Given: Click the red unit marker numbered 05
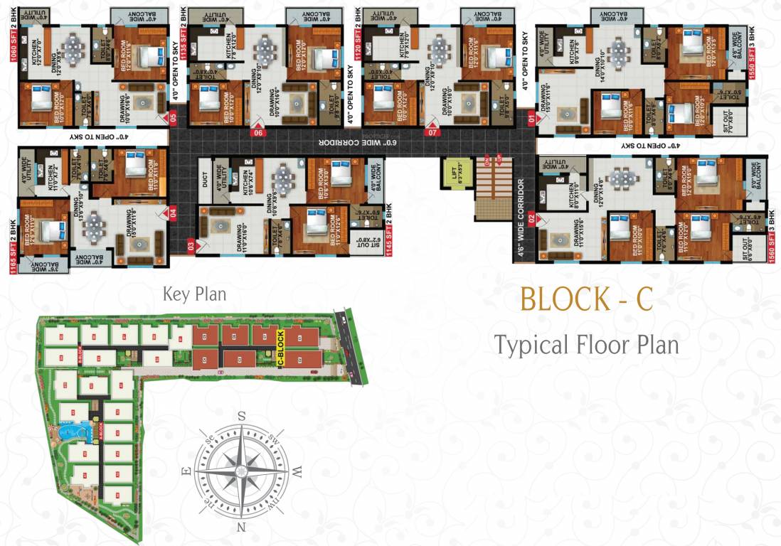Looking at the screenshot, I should click(x=171, y=119).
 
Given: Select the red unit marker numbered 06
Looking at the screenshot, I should click(x=258, y=132).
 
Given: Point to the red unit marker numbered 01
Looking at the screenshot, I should click(x=529, y=119).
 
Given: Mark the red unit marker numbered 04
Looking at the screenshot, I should click(x=171, y=211).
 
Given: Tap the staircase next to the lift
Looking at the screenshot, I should click(x=492, y=188).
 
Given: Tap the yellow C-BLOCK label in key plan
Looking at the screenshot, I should click(x=280, y=349).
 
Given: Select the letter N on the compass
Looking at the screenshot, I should click(x=241, y=527).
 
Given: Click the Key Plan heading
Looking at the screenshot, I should click(x=194, y=294).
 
